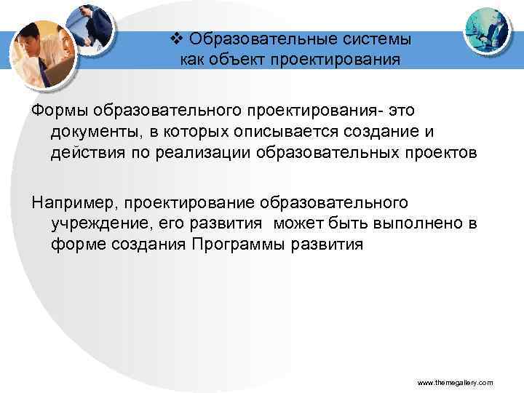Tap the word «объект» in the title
tap(239, 58)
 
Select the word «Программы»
tap(239, 245)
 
